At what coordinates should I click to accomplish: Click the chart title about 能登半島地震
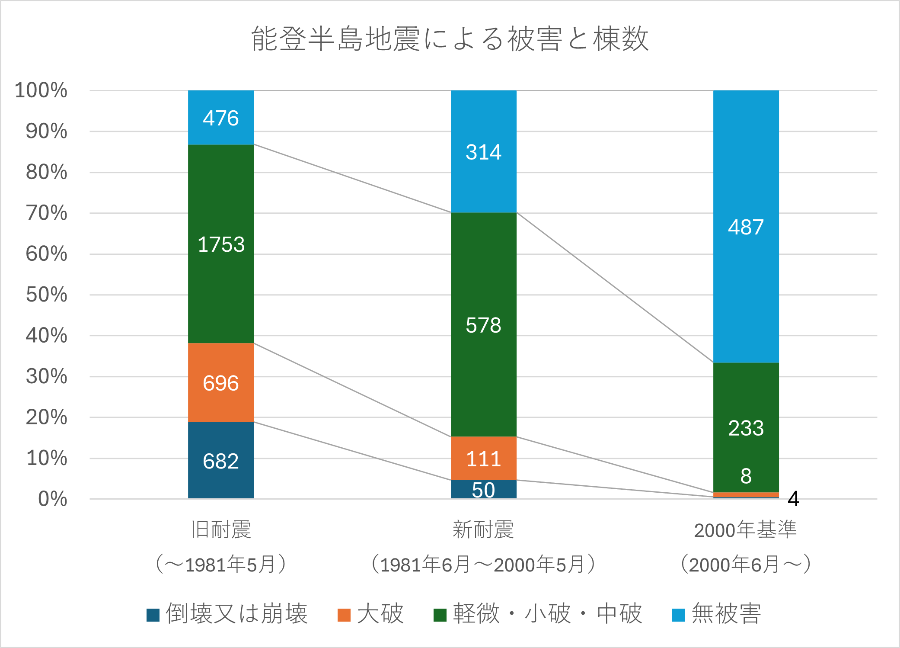[x=450, y=39]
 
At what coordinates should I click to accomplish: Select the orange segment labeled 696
[x=220, y=382]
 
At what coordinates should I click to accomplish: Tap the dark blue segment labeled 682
[x=220, y=460]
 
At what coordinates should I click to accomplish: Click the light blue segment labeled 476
[x=220, y=118]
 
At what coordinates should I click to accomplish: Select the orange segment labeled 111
[x=483, y=458]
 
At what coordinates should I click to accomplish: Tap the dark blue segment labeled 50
[x=483, y=490]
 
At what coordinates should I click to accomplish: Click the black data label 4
[x=793, y=499]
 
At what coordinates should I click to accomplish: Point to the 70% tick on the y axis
[x=47, y=213]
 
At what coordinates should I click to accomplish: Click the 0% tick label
[x=53, y=499]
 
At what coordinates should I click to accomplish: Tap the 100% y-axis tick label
[x=41, y=90]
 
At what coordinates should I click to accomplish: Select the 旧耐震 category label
[x=220, y=530]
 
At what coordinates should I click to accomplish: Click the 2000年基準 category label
[x=746, y=530]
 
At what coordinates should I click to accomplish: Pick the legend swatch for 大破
[x=344, y=615]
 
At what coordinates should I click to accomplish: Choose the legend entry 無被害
[x=726, y=614]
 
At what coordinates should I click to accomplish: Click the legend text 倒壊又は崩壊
[x=236, y=614]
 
